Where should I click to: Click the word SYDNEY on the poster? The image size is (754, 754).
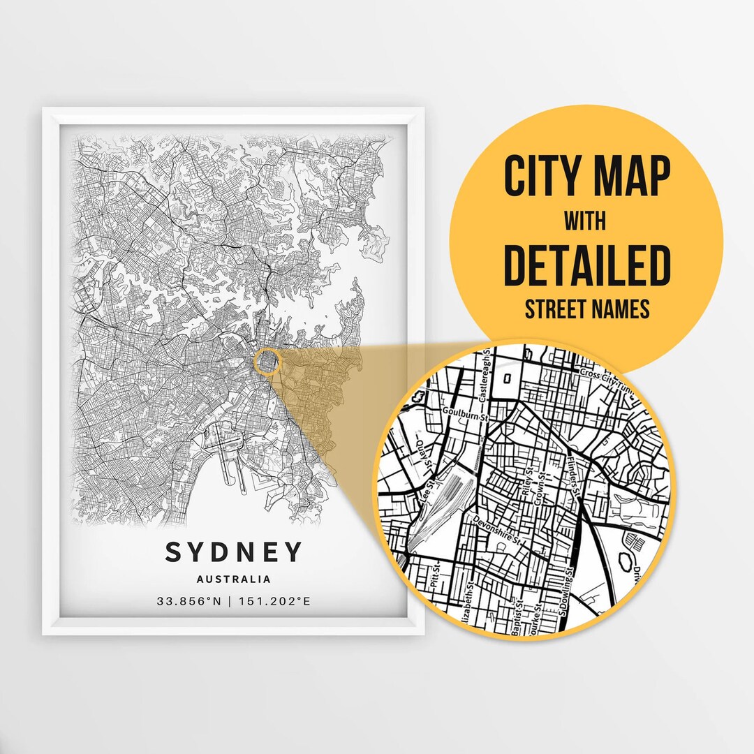click(234, 552)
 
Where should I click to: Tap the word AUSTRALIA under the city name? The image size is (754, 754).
click(234, 579)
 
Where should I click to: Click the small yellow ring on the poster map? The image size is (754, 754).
click(267, 362)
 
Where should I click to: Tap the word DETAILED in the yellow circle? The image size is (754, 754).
click(586, 265)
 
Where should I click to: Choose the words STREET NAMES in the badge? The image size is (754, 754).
click(586, 308)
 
